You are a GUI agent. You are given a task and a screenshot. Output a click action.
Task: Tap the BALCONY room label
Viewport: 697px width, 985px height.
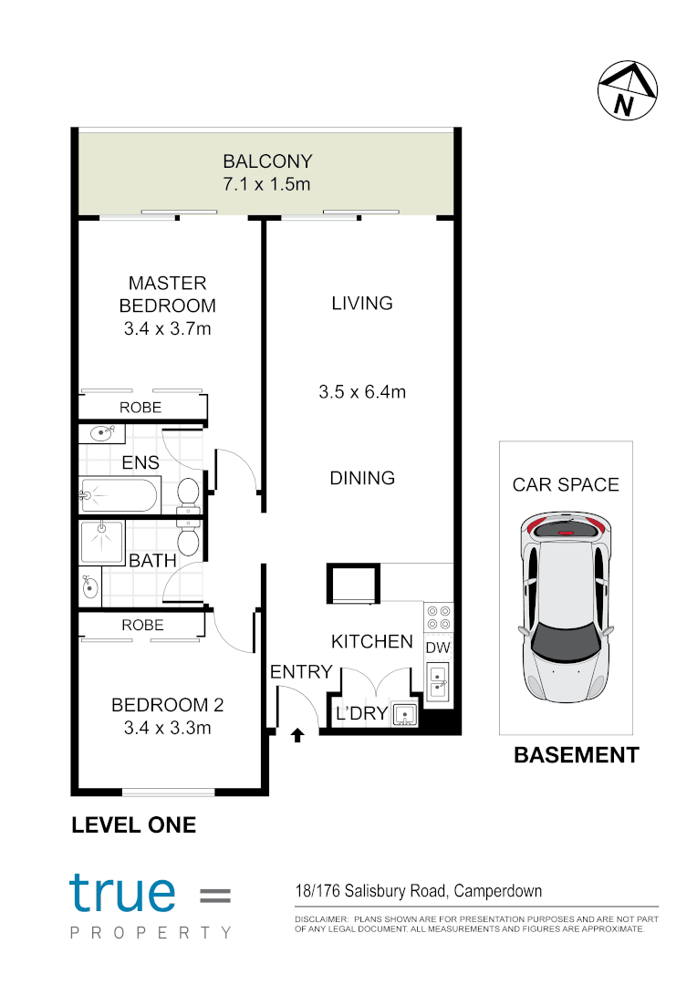point(267,162)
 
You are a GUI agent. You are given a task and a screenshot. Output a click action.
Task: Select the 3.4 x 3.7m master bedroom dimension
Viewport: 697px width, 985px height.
point(167,328)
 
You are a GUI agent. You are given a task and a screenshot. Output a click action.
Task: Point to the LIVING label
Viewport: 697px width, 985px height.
point(362,304)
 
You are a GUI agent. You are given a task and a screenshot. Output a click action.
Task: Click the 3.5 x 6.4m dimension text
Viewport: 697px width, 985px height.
point(362,393)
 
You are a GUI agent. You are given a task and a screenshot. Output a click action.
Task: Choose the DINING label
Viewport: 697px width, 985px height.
point(362,478)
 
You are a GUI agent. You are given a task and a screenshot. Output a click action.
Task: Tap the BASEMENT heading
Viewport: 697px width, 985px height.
point(576,755)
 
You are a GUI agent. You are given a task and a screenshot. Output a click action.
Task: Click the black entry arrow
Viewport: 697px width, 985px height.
point(297,734)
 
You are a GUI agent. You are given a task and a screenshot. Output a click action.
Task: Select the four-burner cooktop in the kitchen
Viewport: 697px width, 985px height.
point(439,617)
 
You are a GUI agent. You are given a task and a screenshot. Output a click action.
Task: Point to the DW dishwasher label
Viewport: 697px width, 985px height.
point(439,648)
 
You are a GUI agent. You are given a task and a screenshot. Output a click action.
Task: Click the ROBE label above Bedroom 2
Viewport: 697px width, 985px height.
point(143,626)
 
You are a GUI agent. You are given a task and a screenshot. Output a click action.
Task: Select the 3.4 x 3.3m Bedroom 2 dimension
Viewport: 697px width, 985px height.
point(167,728)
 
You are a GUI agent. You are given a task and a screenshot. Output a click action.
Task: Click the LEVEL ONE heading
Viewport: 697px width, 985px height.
point(133,825)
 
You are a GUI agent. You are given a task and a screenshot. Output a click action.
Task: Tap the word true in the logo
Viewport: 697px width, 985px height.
point(122,893)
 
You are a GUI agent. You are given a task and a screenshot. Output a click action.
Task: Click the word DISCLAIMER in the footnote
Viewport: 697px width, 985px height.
point(320,918)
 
